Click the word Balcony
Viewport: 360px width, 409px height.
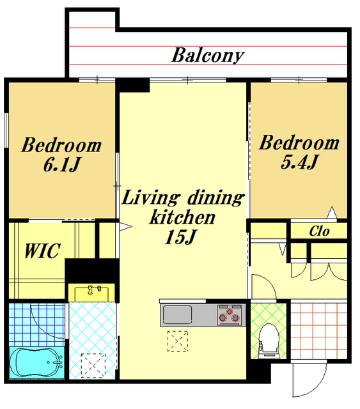coord(208,56)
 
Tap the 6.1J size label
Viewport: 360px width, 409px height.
coord(62,164)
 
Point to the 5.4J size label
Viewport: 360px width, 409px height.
coord(299,162)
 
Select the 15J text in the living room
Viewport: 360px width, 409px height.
coord(180,236)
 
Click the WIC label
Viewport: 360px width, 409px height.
coord(43,251)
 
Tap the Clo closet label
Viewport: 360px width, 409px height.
coord(319,231)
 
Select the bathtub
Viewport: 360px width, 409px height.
coord(37,362)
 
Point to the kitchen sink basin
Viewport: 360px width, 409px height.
coord(177,314)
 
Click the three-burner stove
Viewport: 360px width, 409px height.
coord(229,315)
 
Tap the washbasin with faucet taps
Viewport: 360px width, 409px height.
coord(91,293)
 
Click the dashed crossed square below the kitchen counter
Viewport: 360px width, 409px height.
coord(178,341)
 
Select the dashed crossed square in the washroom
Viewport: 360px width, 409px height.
coord(93,366)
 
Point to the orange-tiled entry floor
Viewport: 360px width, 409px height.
coord(319,331)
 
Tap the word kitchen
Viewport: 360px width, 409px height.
coord(182,217)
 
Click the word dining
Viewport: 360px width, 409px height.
coord(216,198)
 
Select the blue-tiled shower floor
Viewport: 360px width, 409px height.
coord(37,325)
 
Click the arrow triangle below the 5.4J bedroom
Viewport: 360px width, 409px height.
coord(332,212)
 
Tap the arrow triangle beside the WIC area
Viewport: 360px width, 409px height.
coord(125,226)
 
